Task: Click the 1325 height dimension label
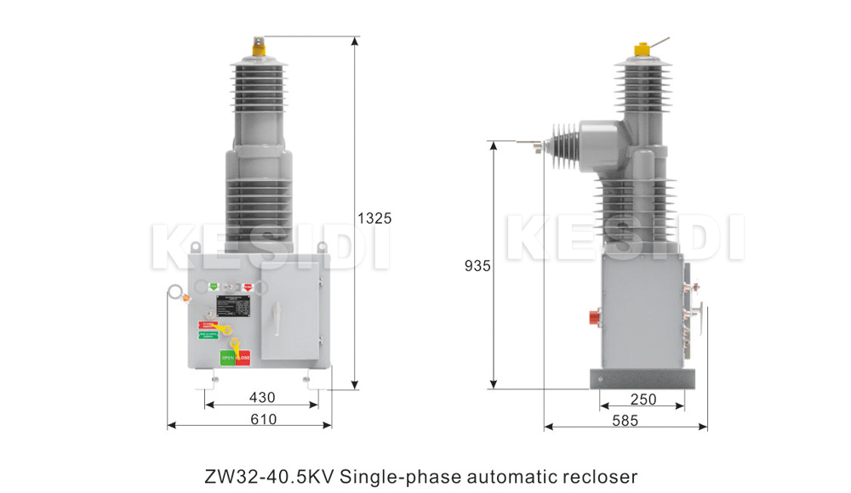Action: pyautogui.click(x=374, y=218)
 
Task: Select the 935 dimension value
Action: pyautogui.click(x=477, y=266)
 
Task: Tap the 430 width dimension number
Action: pyautogui.click(x=261, y=397)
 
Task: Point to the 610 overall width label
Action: pyautogui.click(x=263, y=418)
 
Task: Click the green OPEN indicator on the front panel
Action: pyautogui.click(x=227, y=358)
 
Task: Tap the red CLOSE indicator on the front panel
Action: pyautogui.click(x=243, y=358)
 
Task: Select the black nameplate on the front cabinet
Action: pyautogui.click(x=233, y=305)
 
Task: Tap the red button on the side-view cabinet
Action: pyautogui.click(x=596, y=317)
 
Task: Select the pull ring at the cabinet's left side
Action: pyautogui.click(x=174, y=293)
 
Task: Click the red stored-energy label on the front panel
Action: pyautogui.click(x=208, y=324)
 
